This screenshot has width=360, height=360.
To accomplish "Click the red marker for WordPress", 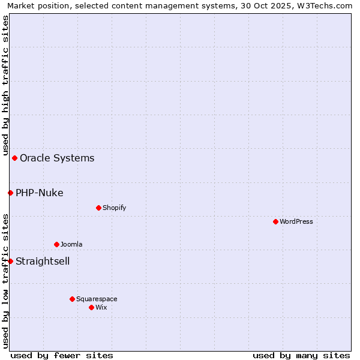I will coord(275,221).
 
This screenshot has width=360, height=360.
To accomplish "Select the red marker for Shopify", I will coord(98,208).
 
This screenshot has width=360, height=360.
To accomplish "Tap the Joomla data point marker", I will coord(56,244).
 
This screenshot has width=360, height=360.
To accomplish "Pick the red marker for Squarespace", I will coord(72,299).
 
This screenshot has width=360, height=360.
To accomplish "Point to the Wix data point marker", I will coord(91,307).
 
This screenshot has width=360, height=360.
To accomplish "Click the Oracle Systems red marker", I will coord(14,158).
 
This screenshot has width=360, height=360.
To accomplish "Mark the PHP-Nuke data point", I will coord(10,193).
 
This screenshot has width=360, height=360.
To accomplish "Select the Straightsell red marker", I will coord(10,261).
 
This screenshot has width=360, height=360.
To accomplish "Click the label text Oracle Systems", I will coord(57,158).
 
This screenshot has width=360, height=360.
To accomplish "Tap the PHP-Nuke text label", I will coord(40,193).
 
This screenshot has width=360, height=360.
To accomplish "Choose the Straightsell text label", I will coord(43,262).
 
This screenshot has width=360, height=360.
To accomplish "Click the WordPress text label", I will coord(296,221).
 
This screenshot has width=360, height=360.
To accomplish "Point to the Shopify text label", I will coord(114,208).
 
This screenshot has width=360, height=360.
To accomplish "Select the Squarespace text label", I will coord(97,299).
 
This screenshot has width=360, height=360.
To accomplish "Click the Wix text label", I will coord(101,307).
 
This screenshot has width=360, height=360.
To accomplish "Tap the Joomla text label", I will coord(71,244).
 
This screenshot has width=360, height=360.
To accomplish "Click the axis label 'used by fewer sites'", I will coord(62,355).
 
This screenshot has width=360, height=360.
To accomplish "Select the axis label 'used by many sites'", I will coord(301,355).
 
